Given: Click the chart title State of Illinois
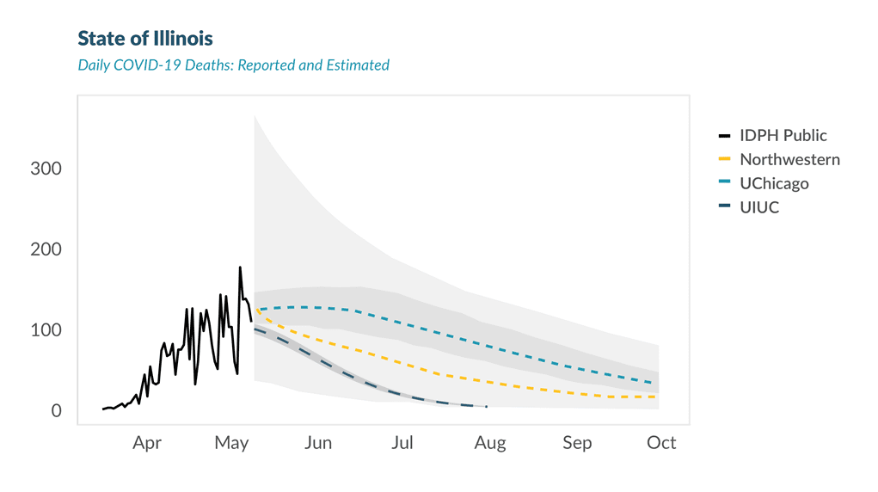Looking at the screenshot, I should pos(145,39).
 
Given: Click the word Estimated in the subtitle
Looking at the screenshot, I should pos(358,65).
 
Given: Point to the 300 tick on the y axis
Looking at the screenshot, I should pos(46,169).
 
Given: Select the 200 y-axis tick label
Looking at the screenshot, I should pos(46,249).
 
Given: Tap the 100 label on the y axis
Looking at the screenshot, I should pos(46,330).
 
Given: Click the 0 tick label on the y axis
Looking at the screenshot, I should pos(57,411).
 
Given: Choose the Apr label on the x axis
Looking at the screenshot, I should pos(147,443).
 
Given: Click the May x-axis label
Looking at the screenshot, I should pos(231,443).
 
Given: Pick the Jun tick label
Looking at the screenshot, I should pos(318,443).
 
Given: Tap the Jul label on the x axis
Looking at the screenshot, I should pos(402,443).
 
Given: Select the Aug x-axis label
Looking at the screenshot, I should pos(490,443).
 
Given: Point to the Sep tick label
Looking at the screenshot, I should pos(577,443).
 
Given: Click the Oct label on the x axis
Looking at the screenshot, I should pos(661,443).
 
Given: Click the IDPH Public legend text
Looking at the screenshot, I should pos(783,136).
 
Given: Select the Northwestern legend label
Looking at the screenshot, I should pos(789,160).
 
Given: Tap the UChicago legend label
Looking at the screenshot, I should pos(774,184).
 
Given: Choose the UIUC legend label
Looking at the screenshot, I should pos(759,207).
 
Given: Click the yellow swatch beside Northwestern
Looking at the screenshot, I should pos(724,160).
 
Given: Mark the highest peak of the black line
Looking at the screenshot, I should pos(240,268).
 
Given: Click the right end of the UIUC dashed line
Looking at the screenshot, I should pos(487,407).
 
